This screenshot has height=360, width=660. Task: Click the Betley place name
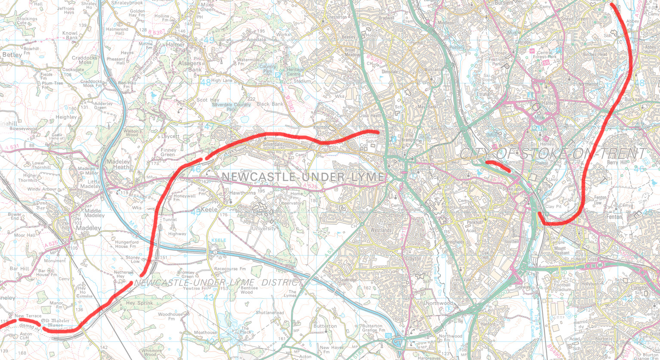(x=12, y=55)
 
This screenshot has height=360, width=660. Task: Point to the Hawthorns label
(x=242, y=193)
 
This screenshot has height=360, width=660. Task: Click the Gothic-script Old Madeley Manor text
(x=55, y=323)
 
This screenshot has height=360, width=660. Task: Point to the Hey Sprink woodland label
(x=139, y=303)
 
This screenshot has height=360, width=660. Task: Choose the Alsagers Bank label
(x=189, y=66)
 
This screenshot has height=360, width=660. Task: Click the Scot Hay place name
(x=208, y=100)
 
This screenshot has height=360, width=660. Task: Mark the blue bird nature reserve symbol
(x=152, y=94)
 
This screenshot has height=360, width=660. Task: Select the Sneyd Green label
(x=574, y=19)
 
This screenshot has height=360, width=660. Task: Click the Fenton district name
(x=614, y=217)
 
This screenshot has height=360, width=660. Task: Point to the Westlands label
(x=381, y=230)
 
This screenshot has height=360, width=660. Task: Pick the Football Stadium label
(x=562, y=287)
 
